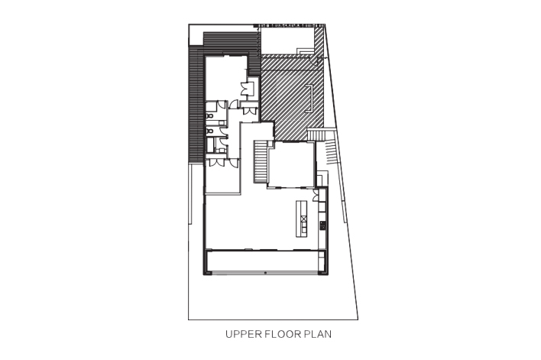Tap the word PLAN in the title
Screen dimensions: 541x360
[318, 334]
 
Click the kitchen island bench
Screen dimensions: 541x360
[302, 219]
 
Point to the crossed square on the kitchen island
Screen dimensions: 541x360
[303, 219]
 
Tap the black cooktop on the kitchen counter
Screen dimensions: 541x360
[322, 225]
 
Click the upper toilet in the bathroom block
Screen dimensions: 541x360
[209, 115]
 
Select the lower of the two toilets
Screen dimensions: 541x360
[209, 131]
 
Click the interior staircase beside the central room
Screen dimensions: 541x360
[261, 161]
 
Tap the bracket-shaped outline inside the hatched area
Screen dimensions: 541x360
[309, 98]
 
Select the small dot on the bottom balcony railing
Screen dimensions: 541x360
[265, 273]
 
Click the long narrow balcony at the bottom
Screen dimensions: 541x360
[265, 261]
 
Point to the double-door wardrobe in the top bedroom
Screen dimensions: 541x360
[248, 88]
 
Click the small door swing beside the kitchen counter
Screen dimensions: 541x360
[316, 196]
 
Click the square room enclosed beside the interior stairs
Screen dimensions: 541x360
[292, 164]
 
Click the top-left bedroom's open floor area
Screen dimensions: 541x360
[225, 78]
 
